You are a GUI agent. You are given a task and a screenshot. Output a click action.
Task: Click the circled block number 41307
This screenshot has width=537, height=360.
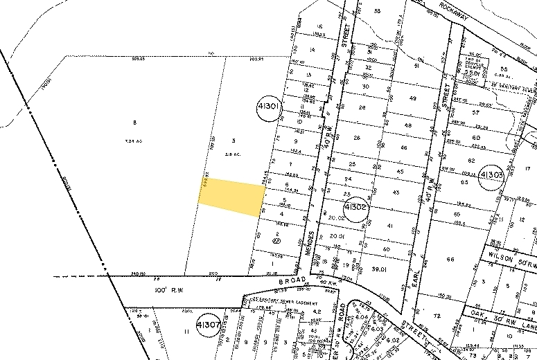[x=209, y=324]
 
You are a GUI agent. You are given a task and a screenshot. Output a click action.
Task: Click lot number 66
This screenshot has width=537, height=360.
[x=451, y=260]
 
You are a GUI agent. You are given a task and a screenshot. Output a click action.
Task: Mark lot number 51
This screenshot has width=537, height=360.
[x=416, y=66]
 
